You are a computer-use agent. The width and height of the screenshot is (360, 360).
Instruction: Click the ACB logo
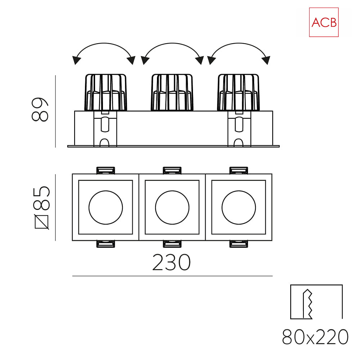[324, 22]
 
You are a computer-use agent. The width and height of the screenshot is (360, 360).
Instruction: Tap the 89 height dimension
[40, 109]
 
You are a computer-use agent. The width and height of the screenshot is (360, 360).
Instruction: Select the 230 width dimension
[171, 262]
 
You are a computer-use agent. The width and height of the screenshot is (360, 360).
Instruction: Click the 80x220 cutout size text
[315, 337]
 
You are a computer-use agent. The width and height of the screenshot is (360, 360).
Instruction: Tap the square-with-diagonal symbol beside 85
[41, 222]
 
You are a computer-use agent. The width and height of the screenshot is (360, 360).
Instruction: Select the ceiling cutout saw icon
[316, 302]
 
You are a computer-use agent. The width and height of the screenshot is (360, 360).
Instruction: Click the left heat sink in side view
[105, 92]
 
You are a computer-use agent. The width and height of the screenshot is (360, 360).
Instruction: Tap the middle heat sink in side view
[172, 92]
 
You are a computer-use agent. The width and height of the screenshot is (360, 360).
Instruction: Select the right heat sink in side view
[239, 92]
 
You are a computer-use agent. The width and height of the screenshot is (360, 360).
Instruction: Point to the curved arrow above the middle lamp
[172, 43]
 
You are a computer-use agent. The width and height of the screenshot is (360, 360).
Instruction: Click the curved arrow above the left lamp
[104, 43]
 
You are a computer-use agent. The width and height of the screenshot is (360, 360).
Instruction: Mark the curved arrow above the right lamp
[239, 43]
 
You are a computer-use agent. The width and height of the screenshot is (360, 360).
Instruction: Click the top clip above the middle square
[172, 170]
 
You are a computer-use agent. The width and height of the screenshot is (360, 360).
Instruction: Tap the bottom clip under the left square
[105, 244]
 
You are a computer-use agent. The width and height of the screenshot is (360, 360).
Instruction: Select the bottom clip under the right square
[239, 244]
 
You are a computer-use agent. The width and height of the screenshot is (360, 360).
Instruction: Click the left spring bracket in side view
[105, 129]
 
